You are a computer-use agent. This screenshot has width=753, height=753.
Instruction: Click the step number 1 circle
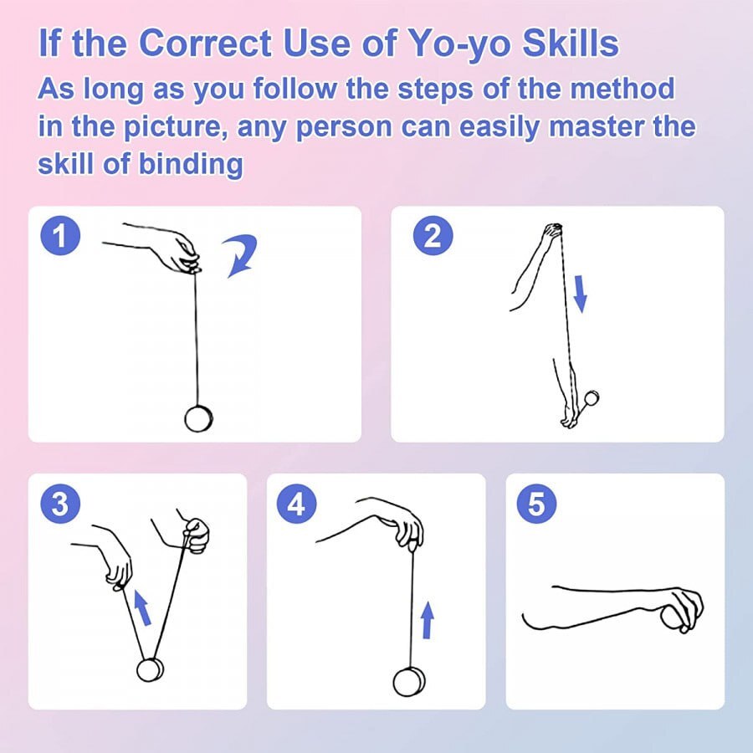(59, 237)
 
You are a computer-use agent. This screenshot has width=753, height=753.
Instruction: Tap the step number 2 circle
(433, 237)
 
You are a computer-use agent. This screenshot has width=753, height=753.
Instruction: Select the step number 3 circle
(59, 505)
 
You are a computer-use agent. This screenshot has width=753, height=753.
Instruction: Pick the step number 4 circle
(297, 505)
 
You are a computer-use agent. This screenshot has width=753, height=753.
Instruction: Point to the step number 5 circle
(536, 505)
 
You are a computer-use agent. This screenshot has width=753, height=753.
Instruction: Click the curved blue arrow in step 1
(243, 255)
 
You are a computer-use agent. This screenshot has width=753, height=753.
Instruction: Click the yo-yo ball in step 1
(199, 418)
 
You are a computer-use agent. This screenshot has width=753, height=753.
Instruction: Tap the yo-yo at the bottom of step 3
(151, 670)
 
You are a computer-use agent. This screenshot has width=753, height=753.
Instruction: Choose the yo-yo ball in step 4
(409, 681)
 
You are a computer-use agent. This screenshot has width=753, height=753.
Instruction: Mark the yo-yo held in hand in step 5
(673, 617)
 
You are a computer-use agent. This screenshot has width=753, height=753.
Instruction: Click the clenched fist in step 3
(197, 535)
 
